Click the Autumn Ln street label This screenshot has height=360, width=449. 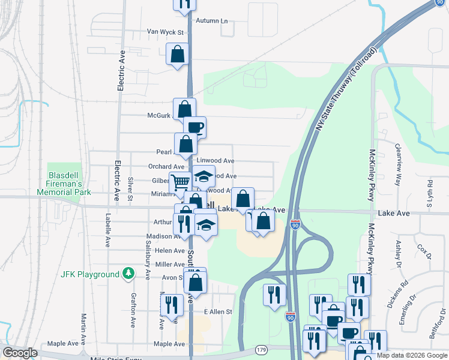click(216, 20)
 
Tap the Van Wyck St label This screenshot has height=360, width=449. click(164, 32)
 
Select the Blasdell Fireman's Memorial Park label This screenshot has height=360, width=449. click(69, 184)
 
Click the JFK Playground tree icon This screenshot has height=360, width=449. click(127, 274)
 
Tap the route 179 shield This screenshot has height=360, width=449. click(261, 349)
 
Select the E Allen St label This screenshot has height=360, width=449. click(218, 312)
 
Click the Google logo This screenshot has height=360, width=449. click(20, 353)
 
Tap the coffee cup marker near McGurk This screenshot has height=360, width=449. click(194, 127)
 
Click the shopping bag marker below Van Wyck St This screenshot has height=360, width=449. click(178, 54)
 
